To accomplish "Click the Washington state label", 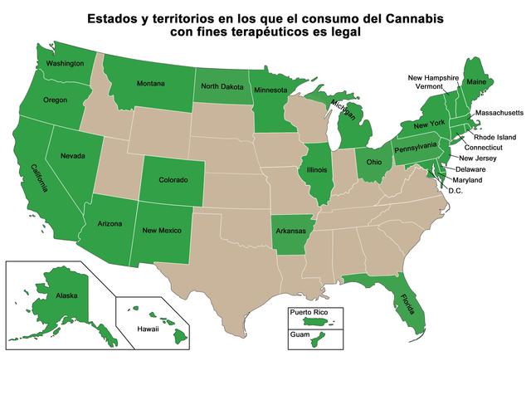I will coord(66,64).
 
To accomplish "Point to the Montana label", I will coord(149,83).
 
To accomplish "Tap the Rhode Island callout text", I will coord(495,137).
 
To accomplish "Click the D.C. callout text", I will coord(455,190).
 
